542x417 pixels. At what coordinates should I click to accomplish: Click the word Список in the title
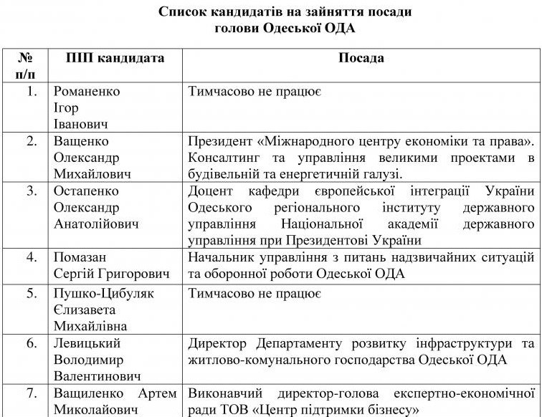pyautogui.click(x=184, y=11)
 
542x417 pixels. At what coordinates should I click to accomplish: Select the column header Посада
pyautogui.click(x=361, y=58)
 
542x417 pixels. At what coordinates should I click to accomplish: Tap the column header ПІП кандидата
pyautogui.click(x=115, y=58)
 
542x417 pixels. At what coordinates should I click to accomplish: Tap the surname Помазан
pyautogui.click(x=80, y=257)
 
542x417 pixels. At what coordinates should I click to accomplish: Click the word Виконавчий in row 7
pyautogui.click(x=225, y=393)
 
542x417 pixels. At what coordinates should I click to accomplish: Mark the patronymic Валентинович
pyautogui.click(x=98, y=376)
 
